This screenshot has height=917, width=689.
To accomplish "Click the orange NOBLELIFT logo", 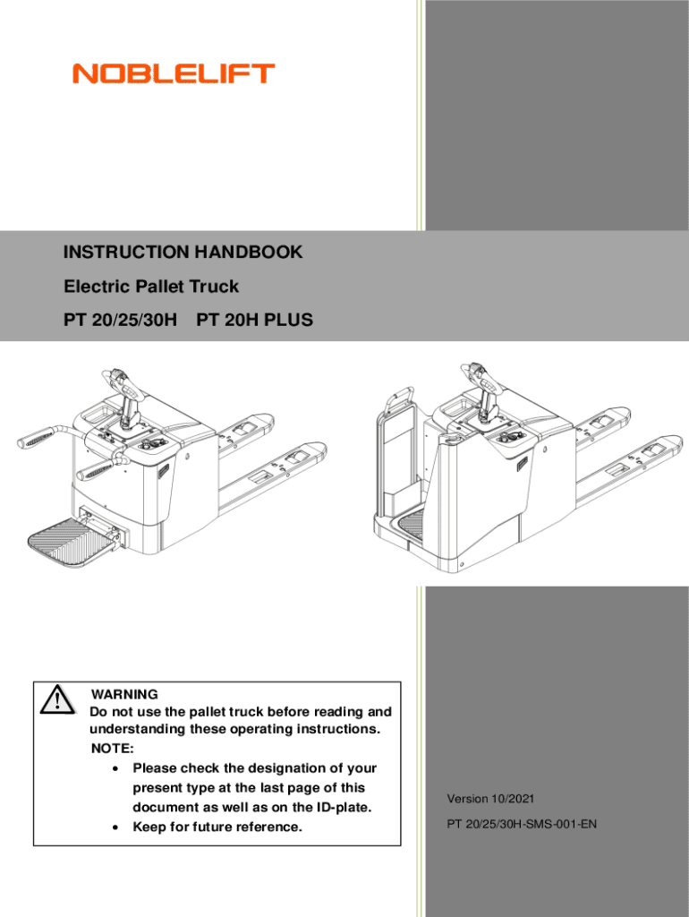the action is (174, 73).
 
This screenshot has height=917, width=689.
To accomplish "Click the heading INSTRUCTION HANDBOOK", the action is (183, 252).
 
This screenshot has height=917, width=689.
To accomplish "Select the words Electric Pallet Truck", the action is (151, 286).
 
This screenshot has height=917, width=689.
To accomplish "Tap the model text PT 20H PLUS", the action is (255, 320).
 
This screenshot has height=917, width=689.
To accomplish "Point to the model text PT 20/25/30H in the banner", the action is (121, 320).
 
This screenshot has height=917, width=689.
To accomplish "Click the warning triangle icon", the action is (56, 699).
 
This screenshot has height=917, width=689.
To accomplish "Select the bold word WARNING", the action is (124, 694).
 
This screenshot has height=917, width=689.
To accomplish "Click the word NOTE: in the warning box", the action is (112, 749).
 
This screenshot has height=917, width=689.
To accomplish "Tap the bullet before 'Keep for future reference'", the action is (115, 827).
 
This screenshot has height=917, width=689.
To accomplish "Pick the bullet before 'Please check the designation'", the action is (115, 769).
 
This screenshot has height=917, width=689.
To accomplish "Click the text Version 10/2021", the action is (491, 799).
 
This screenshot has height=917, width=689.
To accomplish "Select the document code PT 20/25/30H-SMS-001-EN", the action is (522, 824).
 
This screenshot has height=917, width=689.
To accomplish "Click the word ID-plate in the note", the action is (344, 807).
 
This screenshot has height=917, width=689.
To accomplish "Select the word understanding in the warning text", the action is (137, 729).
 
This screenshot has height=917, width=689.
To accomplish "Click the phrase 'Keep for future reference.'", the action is (217, 827).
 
